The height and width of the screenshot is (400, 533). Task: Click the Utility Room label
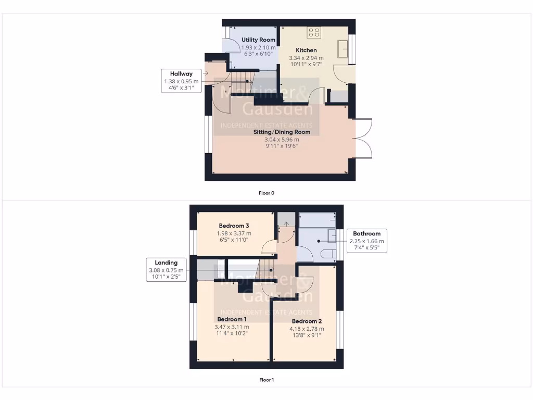tap(258, 40)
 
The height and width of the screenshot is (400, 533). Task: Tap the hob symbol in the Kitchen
tap(314, 33)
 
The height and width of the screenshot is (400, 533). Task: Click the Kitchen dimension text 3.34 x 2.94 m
tap(306, 58)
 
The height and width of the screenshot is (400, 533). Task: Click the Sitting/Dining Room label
tap(282, 132)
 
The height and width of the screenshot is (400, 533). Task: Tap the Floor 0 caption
tap(266, 193)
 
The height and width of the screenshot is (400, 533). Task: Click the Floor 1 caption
tap(266, 380)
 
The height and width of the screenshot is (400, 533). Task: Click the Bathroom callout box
tap(366, 241)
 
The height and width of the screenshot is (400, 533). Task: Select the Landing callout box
tap(166, 270)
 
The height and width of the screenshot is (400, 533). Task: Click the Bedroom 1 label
tap(232, 319)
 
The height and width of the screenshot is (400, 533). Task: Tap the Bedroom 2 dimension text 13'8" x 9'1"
tap(307, 335)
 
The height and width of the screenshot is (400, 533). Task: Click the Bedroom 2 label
tap(307, 321)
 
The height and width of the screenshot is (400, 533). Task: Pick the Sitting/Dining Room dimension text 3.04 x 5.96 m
tap(282, 139)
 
